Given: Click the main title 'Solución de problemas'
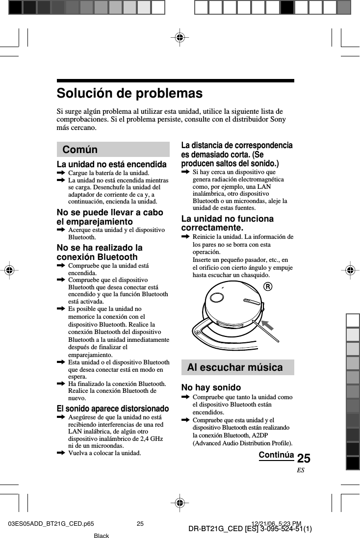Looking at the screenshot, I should pos(129,93).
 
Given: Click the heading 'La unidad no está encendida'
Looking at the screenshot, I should pos(111,164).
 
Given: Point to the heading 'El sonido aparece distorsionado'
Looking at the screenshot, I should pos(113,409).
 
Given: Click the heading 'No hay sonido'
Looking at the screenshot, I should pos(211,388).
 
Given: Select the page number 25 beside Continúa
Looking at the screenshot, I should pos(304,459).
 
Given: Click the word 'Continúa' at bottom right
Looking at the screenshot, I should pos(276,455).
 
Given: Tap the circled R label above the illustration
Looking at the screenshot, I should pos(267,286).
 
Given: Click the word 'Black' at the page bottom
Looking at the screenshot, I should pos(101,536).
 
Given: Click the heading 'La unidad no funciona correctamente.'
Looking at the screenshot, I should pos(228,223).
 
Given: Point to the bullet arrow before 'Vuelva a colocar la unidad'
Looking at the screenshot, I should pos(61,453).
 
